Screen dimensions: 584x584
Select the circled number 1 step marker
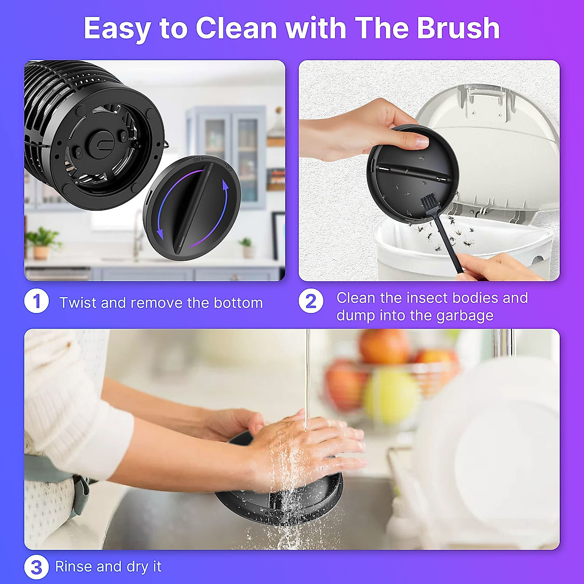(x=36, y=301)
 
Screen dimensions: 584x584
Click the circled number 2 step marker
(x=310, y=301)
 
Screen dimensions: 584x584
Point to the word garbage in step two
(x=465, y=316)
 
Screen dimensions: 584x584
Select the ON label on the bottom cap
(x=197, y=159)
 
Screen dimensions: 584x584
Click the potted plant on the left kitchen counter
(x=42, y=243)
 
